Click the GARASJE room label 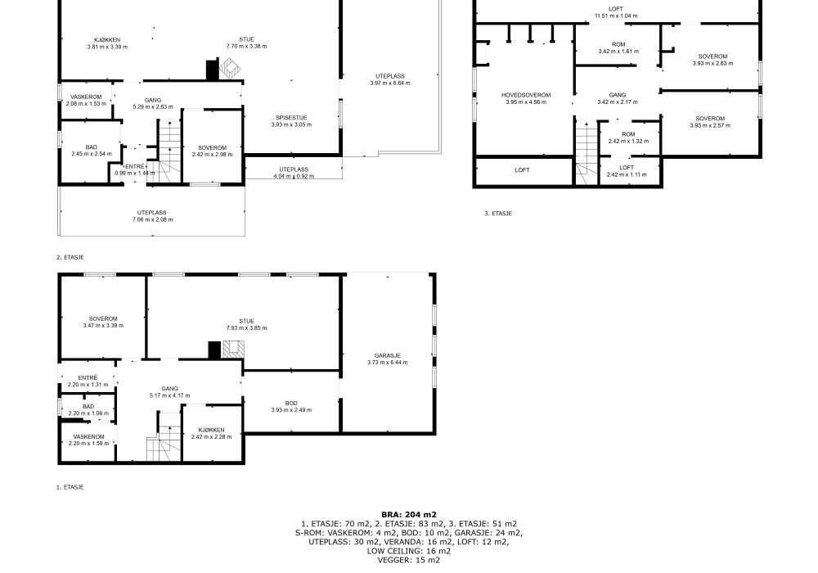point(387,355)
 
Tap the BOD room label point(291,404)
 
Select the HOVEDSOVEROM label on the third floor point(526,96)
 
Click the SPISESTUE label point(291,118)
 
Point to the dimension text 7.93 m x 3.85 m point(246,328)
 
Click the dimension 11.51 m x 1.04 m point(616,16)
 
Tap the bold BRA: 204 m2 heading point(409,515)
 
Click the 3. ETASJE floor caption point(497,214)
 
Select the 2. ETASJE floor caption point(70,257)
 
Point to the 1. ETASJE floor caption point(70,487)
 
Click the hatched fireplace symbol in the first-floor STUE point(233,350)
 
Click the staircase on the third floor point(587,152)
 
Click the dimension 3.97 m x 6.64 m point(390,83)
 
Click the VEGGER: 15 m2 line point(409,561)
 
